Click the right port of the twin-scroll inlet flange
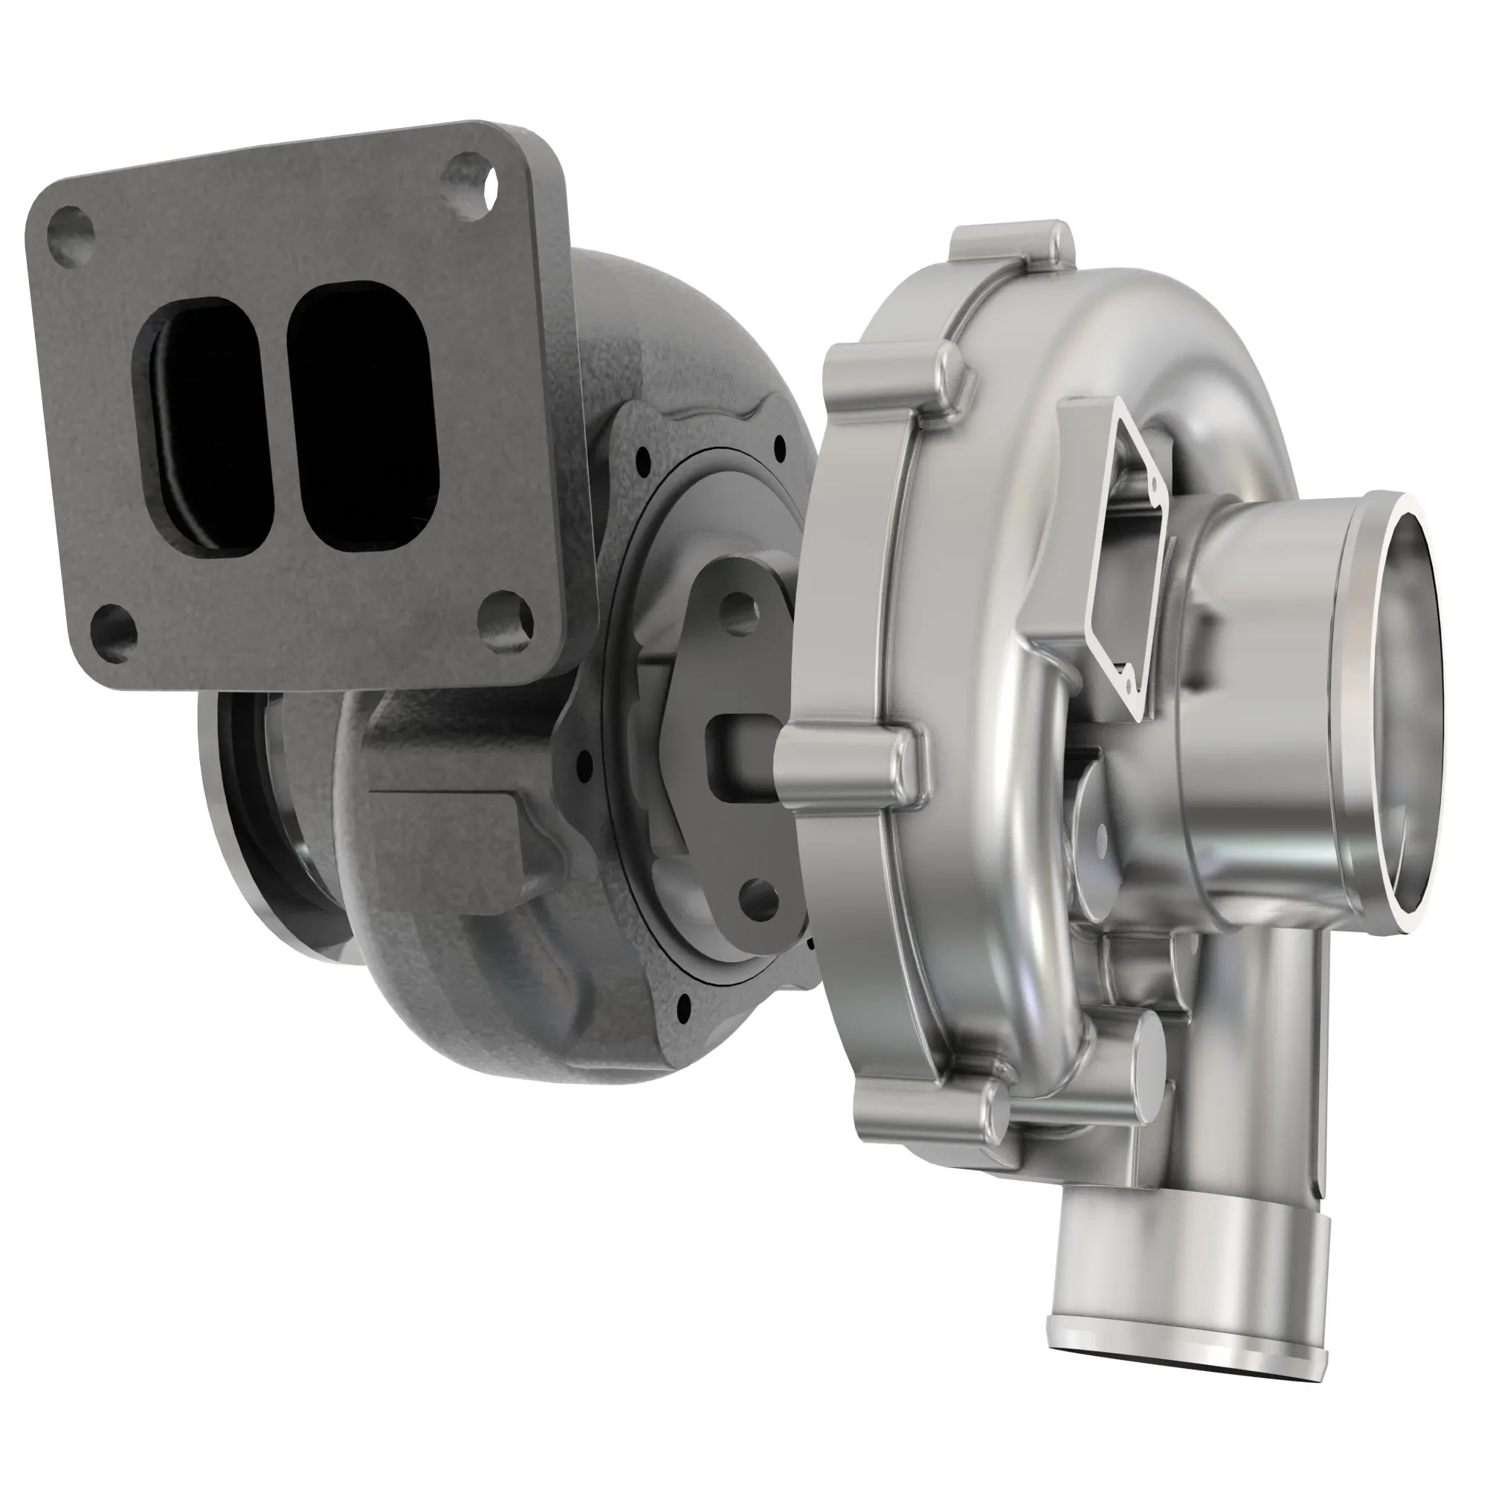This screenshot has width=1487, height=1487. click(x=362, y=416)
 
